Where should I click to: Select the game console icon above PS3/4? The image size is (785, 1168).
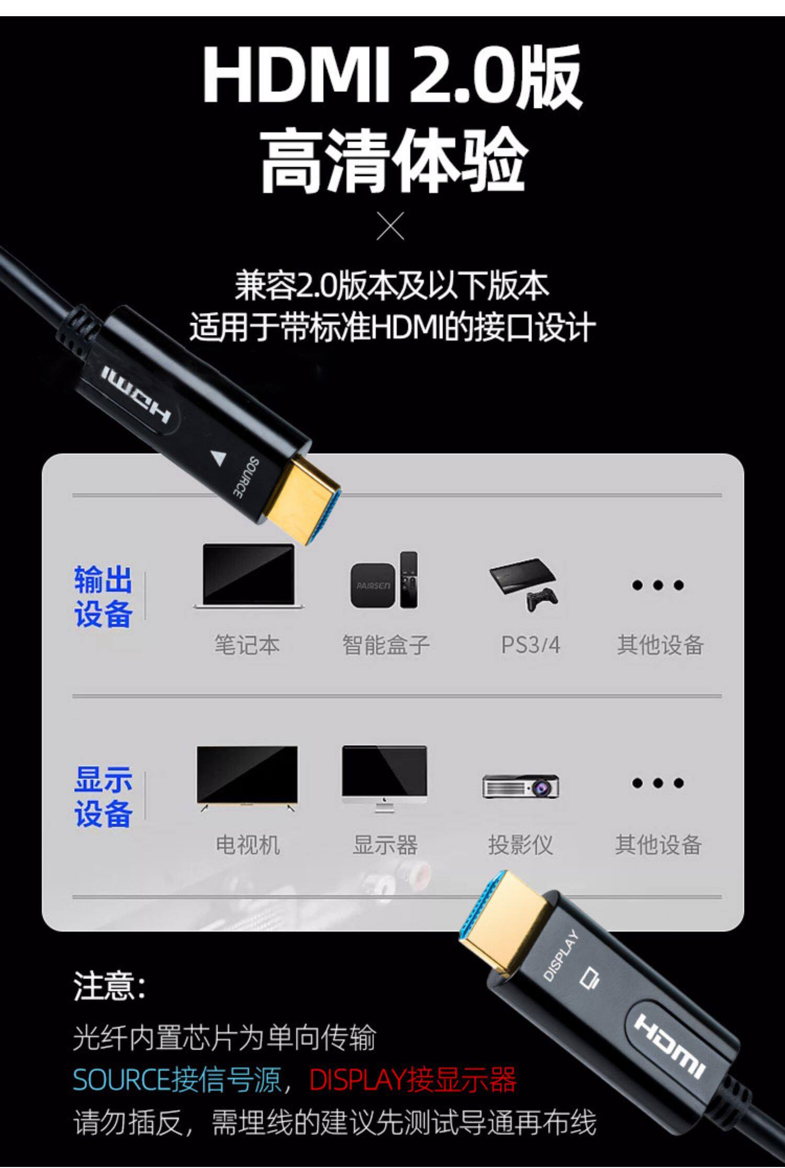524,583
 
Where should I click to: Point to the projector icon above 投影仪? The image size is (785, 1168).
521,786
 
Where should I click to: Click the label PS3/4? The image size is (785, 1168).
530,645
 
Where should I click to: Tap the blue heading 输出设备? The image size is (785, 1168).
103,596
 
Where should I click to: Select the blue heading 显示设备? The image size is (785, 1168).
103,797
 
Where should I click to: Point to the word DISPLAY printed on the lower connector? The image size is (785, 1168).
560,955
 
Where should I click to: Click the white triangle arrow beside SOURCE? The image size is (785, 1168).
218,458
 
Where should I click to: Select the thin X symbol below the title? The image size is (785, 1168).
390,226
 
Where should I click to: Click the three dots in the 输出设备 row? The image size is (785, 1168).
657,585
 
